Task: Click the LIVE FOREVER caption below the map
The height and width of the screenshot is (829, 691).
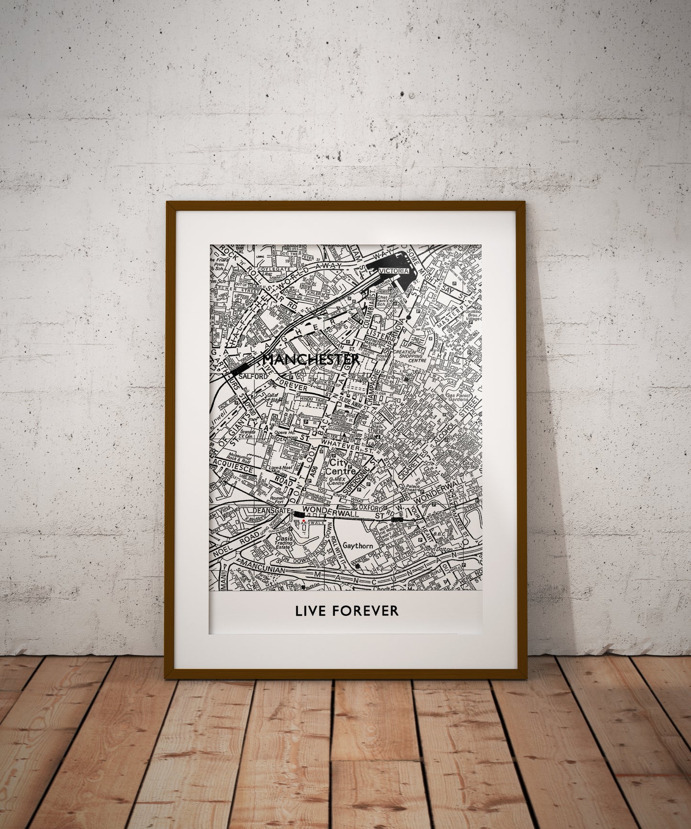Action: [x=346, y=611]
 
